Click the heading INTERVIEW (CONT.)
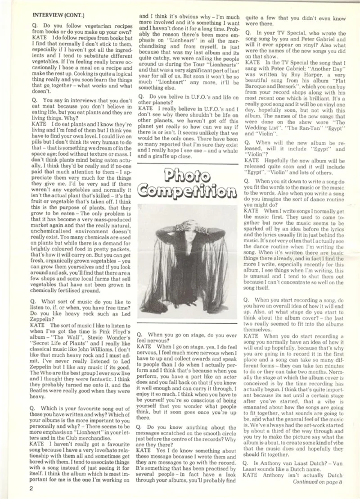coord(55,14)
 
